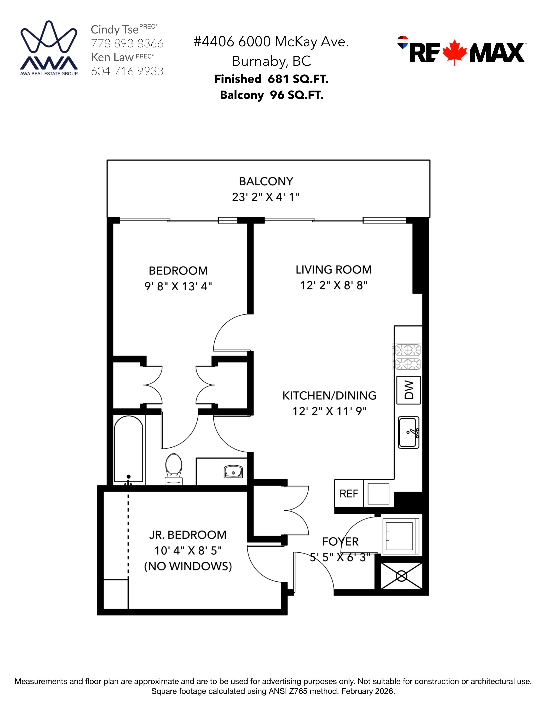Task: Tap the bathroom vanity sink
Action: tap(233, 472)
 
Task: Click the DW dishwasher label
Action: tap(409, 390)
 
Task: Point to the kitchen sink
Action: tap(409, 432)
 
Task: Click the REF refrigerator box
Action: tap(349, 493)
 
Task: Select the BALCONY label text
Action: tap(266, 182)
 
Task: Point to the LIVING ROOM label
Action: tap(334, 270)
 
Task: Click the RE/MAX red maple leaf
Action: tap(454, 52)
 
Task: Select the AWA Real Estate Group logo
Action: tap(49, 48)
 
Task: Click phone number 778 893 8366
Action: tap(127, 43)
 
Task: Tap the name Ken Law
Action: tap(112, 57)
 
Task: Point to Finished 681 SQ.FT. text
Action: tap(271, 79)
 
